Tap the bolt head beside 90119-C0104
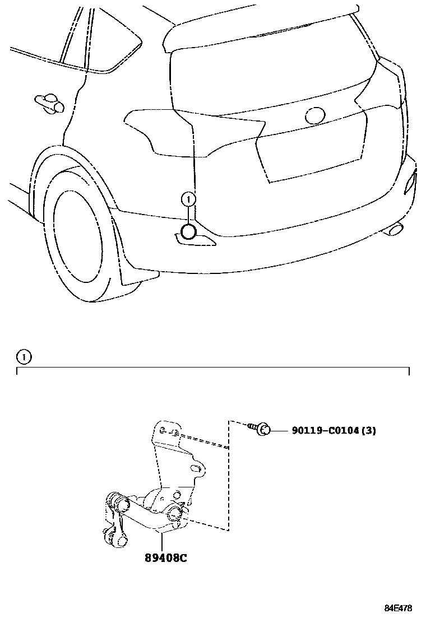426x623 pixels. [x=265, y=430]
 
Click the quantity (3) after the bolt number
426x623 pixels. [x=368, y=431]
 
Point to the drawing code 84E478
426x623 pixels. [x=398, y=608]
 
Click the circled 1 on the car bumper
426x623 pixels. [x=189, y=198]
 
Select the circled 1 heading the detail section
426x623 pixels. [x=24, y=356]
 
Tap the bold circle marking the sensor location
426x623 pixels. [x=188, y=232]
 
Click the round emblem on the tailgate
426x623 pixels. [x=314, y=115]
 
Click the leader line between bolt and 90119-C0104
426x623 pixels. [x=281, y=430]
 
